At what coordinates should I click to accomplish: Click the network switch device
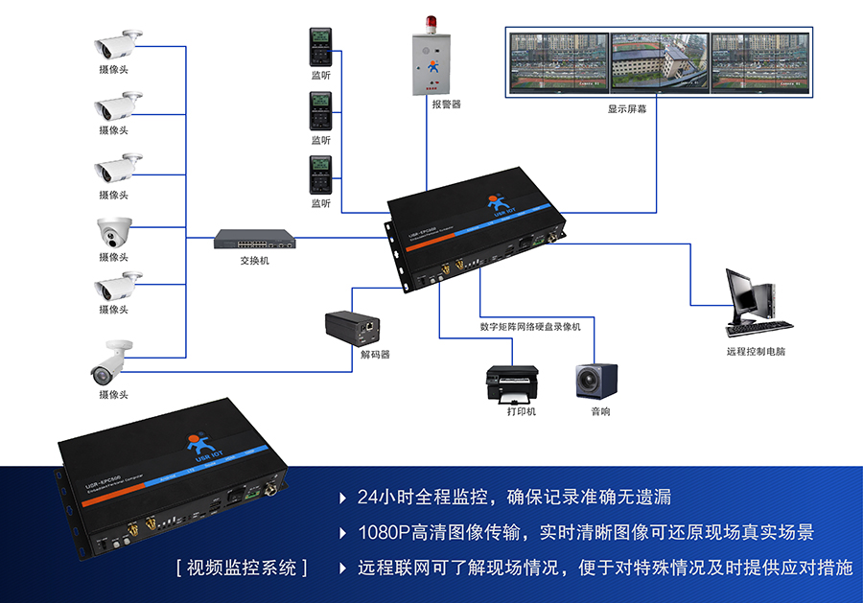(254, 238)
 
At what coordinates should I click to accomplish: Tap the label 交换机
(254, 260)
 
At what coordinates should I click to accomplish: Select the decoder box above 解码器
(356, 325)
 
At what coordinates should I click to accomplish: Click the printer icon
(511, 384)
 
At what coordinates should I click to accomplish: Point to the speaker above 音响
(596, 382)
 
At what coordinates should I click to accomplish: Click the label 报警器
(446, 104)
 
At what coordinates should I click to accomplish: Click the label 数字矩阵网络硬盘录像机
(530, 326)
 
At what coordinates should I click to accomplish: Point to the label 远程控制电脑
(756, 351)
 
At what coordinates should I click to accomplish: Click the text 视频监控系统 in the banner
(242, 567)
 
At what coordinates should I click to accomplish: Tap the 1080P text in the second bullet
(382, 532)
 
